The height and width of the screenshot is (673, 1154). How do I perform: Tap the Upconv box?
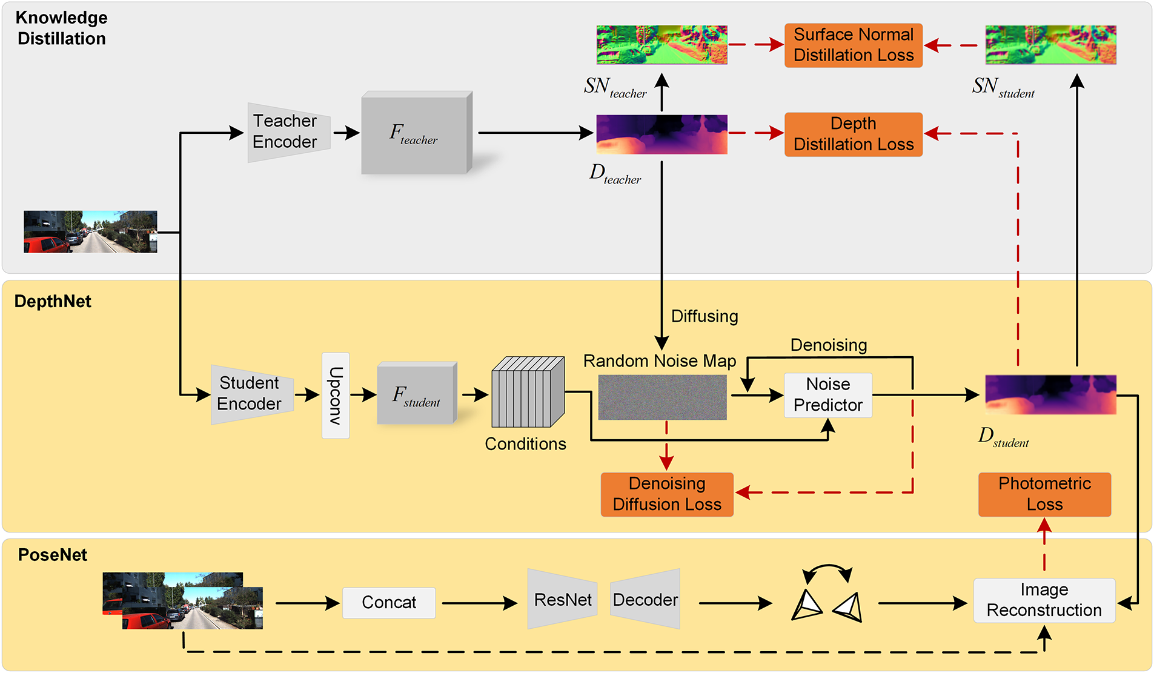point(336,396)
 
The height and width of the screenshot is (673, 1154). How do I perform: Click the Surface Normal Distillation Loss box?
point(853,45)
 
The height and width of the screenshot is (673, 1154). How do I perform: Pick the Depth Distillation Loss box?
point(853,134)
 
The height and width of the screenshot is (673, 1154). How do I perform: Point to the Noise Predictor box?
point(827,395)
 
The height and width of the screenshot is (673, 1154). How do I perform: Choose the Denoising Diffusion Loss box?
point(666,494)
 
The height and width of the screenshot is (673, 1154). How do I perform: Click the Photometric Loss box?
point(1044,494)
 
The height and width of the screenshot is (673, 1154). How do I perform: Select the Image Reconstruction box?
point(1044,600)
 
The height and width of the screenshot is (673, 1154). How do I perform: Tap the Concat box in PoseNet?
point(388,603)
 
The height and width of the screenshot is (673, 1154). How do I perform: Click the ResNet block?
point(562,600)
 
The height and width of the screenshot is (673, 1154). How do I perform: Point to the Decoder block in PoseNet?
point(645,600)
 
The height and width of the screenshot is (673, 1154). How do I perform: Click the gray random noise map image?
point(662,397)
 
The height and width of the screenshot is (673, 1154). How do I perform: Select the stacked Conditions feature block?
point(528,393)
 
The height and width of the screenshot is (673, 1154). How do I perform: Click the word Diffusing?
point(705,316)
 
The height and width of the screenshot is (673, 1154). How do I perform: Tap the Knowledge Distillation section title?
point(61,28)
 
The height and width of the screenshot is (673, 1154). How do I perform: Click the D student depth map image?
point(1050,394)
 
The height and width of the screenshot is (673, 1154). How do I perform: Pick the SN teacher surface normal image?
point(662,45)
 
